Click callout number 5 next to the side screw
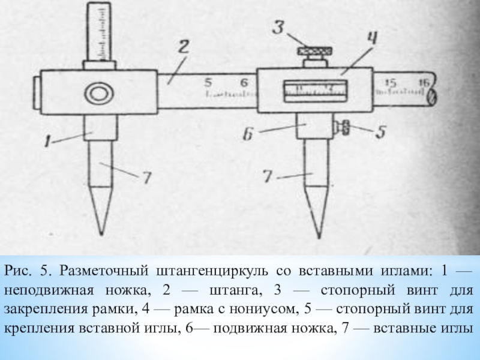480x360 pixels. tap(380, 131)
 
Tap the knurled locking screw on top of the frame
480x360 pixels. tap(314, 53)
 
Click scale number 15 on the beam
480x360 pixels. tap(391, 83)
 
